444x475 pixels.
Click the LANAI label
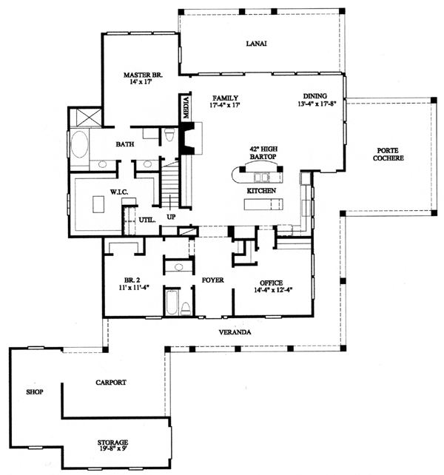(x=256, y=44)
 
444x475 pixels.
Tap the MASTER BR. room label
(x=143, y=75)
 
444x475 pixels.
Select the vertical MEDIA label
(x=186, y=107)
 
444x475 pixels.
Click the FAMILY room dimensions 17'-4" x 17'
(x=225, y=105)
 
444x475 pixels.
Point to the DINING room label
(x=315, y=96)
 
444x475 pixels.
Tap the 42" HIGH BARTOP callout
(x=263, y=153)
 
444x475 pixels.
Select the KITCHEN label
(x=261, y=191)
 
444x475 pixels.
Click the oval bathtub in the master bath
(x=79, y=144)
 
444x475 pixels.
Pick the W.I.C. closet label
(x=119, y=192)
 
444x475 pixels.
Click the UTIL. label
(x=147, y=220)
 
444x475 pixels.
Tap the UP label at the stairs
(x=171, y=218)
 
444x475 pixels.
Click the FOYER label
(x=213, y=280)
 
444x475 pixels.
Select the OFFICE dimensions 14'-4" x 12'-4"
(x=272, y=290)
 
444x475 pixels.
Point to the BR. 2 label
(x=132, y=280)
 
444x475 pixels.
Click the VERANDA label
(x=235, y=332)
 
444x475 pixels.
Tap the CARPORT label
(x=111, y=383)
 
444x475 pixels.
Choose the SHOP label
(x=35, y=392)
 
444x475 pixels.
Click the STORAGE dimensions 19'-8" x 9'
(x=112, y=450)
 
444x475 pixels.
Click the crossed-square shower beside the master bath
(x=85, y=117)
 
